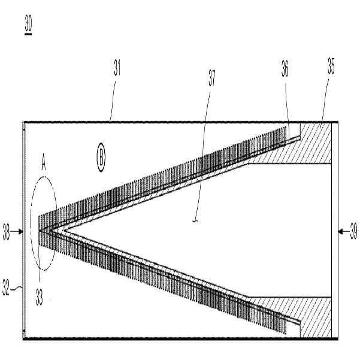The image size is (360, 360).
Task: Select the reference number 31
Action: coord(117,68)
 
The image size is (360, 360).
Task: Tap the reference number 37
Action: coord(211,78)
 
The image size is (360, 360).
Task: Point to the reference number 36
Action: coord(285,68)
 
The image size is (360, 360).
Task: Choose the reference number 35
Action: coord(331,66)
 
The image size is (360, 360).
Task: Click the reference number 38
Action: coord(6,232)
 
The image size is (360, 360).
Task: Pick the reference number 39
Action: coord(353,232)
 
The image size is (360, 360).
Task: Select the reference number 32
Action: coord(6,287)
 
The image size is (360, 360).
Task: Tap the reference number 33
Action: coord(40,297)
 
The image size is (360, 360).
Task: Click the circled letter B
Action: coord(101,158)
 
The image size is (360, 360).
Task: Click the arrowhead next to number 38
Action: coord(21,232)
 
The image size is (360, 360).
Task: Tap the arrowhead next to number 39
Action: coord(341,232)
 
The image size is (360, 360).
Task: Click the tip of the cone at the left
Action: coord(40,230)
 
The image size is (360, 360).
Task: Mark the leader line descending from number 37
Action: coord(202,156)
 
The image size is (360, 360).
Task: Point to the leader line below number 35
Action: coord(325,100)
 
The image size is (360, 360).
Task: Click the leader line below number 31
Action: coord(113,101)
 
